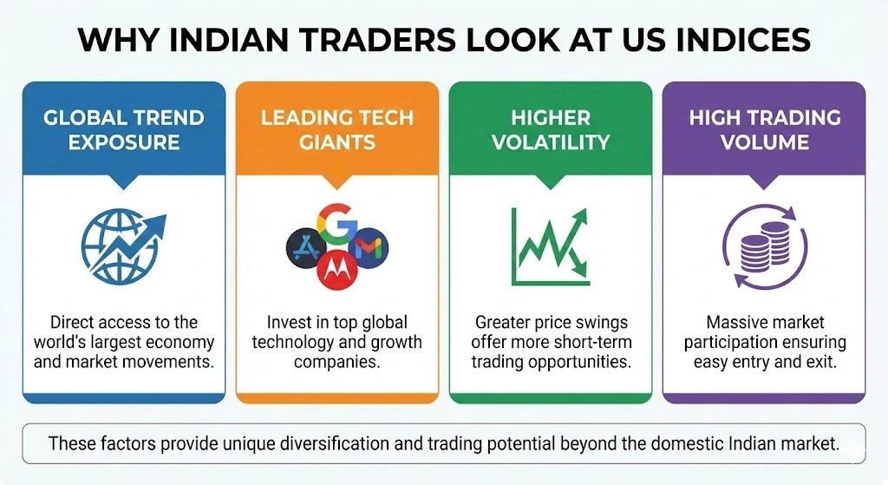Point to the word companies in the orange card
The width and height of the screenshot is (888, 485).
pyautogui.click(x=337, y=361)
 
